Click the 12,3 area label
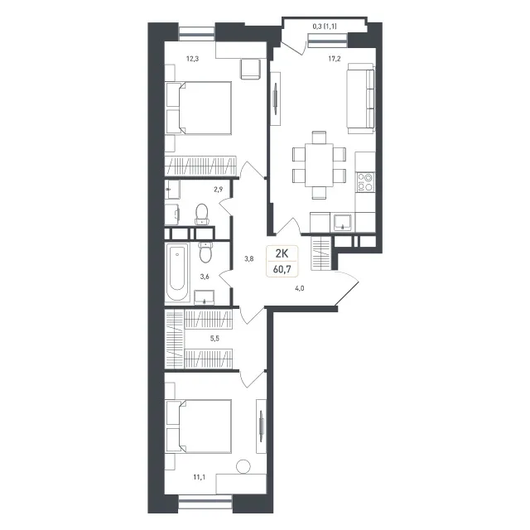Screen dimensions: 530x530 [193, 59]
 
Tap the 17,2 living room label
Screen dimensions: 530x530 [335, 59]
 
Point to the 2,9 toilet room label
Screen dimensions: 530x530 [219, 190]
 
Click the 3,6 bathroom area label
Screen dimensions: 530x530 [205, 277]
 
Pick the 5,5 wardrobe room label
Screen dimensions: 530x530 [214, 339]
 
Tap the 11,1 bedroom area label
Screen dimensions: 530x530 [200, 477]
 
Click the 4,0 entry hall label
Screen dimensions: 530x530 [300, 288]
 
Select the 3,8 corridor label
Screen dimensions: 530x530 [249, 259]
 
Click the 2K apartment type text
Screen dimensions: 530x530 [282, 253]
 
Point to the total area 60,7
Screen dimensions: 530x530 [282, 270]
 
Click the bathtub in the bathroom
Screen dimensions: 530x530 [177, 272]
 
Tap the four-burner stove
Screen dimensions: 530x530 [365, 182]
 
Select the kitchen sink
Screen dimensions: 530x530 [343, 222]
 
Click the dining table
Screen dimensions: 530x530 [319, 165]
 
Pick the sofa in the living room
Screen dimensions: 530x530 [361, 98]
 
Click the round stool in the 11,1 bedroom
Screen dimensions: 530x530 [243, 467]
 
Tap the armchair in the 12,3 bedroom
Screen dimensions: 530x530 [250, 69]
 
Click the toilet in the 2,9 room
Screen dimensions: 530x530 [202, 214]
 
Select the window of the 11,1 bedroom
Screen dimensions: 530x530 [205, 502]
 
